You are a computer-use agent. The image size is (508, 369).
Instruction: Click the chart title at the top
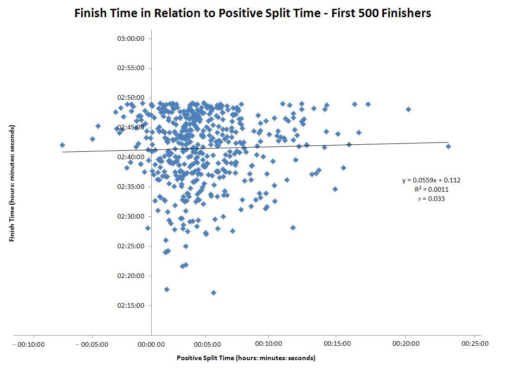click(253, 13)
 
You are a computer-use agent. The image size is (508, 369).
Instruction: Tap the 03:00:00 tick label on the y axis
click(131, 38)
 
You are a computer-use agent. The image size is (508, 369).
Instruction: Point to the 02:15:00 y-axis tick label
click(131, 305)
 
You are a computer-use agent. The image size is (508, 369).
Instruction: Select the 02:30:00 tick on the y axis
click(131, 216)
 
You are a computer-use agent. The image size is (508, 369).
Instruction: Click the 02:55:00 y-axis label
click(131, 68)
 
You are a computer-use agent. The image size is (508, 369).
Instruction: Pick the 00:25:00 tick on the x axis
click(472, 343)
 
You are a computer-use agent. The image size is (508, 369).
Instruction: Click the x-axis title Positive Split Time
click(246, 358)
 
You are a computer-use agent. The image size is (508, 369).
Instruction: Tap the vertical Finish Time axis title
click(12, 183)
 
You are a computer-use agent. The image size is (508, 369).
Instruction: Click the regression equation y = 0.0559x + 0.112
click(431, 180)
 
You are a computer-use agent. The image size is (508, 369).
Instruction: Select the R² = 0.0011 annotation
click(431, 189)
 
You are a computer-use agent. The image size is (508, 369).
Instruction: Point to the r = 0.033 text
click(431, 199)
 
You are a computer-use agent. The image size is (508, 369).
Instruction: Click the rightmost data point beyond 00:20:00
click(448, 146)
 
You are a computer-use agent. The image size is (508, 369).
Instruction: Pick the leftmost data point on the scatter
click(62, 145)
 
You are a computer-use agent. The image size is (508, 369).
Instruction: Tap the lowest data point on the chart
click(213, 292)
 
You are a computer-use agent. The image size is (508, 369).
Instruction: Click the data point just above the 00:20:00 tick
click(408, 109)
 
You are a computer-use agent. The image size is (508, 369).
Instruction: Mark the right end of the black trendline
click(448, 142)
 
